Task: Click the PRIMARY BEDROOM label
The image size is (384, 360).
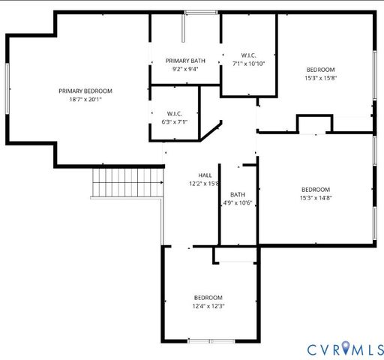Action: tap(91, 91)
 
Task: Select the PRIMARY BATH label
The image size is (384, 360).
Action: tap(186, 61)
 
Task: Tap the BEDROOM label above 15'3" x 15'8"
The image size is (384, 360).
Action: tap(320, 69)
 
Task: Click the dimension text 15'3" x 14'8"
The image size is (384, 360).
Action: tap(316, 198)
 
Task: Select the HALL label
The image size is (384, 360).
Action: tap(205, 175)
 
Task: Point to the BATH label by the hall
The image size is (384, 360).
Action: tap(238, 194)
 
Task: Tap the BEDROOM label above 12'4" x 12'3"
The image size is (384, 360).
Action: tap(208, 297)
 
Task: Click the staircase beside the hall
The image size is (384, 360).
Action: tap(127, 183)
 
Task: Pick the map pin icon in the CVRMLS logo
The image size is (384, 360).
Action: tap(346, 347)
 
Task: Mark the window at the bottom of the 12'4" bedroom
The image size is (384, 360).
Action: tap(209, 341)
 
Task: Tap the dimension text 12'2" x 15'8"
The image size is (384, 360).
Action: tap(204, 183)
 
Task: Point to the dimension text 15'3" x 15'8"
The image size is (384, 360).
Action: tap(320, 77)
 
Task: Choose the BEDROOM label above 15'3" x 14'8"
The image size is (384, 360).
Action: tap(316, 190)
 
